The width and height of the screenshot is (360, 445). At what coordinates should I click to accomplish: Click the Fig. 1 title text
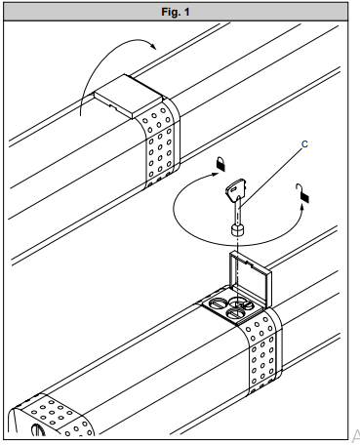[176, 12]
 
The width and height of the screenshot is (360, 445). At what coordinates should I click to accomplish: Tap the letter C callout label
[304, 144]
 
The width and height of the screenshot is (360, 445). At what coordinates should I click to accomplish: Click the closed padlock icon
[220, 164]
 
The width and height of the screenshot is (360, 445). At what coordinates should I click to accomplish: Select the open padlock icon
[302, 193]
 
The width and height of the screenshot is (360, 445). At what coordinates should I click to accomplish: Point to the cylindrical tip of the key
[238, 230]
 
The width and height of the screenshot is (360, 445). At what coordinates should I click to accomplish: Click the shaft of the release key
[238, 212]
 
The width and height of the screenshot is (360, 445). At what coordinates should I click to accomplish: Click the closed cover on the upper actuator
[128, 97]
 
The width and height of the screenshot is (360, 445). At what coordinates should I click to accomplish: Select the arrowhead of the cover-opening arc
[153, 46]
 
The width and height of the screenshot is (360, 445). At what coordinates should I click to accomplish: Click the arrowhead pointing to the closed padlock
[216, 174]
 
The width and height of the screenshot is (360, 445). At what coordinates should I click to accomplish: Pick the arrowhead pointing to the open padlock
[301, 208]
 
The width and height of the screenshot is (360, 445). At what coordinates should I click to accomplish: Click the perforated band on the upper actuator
[159, 142]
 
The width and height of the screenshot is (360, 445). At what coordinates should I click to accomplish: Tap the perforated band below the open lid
[262, 352]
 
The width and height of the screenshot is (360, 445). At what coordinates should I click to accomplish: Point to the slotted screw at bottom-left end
[37, 430]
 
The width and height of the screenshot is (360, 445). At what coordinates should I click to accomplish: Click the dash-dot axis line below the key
[238, 271]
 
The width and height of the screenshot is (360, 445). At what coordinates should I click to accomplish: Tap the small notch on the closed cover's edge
[113, 106]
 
